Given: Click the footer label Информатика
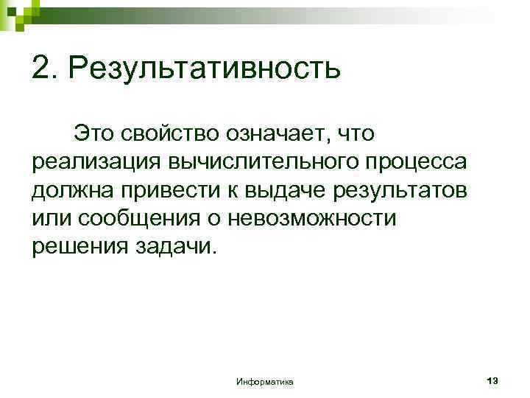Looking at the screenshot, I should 265,382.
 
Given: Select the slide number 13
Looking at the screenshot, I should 492,380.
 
